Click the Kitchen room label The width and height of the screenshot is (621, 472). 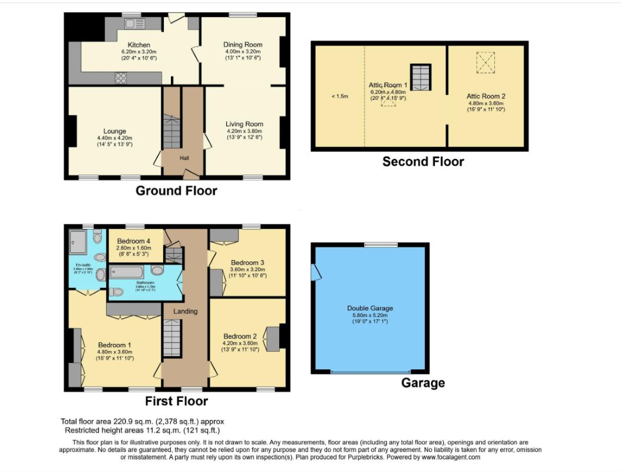[x=139, y=45]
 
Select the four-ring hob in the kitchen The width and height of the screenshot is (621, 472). [x=121, y=77]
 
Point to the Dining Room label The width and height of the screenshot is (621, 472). [x=242, y=45]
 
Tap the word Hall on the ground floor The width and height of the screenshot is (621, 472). [x=184, y=158]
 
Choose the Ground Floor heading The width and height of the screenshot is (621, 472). [x=176, y=191]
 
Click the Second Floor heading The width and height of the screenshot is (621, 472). [x=423, y=161]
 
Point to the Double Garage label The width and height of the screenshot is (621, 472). [x=370, y=308]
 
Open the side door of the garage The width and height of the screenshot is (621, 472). [x=316, y=272]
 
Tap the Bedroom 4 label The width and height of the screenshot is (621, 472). [x=134, y=241]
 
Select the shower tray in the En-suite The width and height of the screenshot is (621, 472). [x=78, y=240]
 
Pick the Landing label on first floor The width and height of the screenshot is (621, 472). [x=185, y=311]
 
